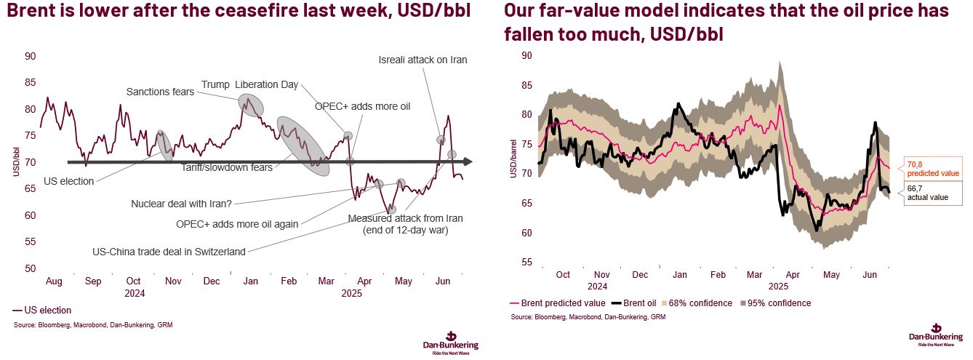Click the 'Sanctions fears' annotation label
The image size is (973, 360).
point(160,92)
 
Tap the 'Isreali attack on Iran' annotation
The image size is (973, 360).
point(423,60)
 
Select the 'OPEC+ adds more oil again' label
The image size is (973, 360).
point(237,224)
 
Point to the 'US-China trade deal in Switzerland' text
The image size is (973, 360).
point(169,252)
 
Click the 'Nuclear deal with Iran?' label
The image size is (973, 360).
point(182,204)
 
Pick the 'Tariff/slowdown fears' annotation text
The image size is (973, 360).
point(228,168)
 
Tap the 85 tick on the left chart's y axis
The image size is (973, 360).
point(31,82)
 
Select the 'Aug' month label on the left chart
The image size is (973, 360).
point(53,281)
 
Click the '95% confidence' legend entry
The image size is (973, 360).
point(776,303)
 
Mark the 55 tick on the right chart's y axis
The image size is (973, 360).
point(527,263)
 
